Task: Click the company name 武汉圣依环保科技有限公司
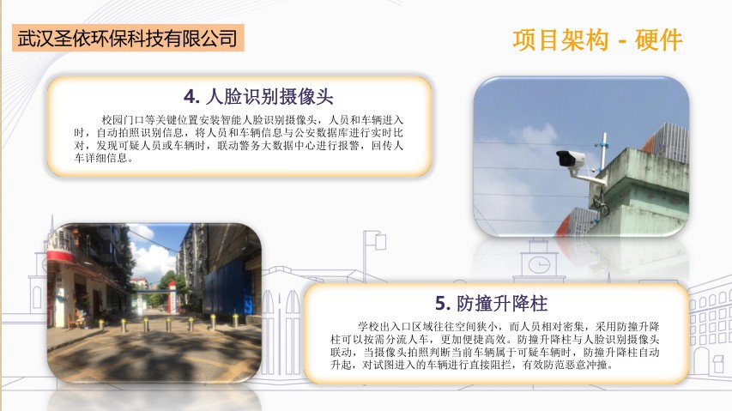tap(128, 38)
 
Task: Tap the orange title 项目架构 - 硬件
tap(597, 39)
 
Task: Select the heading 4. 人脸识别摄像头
tap(258, 97)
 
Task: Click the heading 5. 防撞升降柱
tap(491, 303)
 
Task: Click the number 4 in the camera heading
tap(190, 97)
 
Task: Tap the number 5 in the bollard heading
tap(441, 304)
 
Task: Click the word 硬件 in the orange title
tap(659, 39)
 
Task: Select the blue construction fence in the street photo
tap(224, 288)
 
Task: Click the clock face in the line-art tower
tap(539, 265)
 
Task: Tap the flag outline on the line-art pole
tap(380, 241)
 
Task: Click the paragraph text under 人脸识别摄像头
tap(239, 139)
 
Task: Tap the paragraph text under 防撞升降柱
tap(495, 346)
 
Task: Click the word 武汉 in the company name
tap(35, 39)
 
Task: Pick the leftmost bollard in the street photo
tap(101, 324)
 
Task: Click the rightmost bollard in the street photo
tap(235, 320)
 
